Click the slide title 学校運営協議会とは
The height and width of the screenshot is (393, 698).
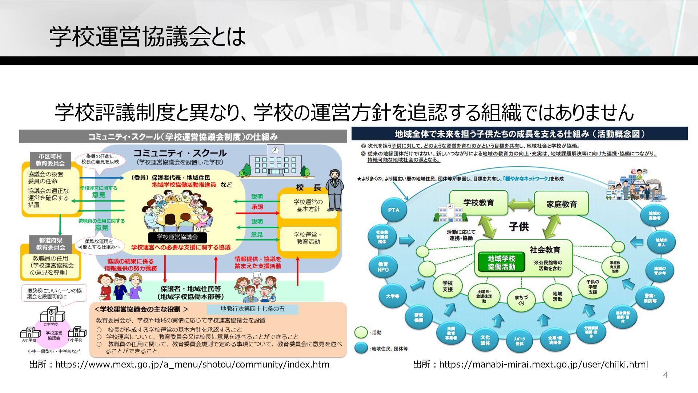coord(147,36)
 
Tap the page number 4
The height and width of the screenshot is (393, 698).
coord(666,375)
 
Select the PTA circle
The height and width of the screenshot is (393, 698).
coord(394,210)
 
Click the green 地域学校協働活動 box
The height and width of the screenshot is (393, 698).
coord(501,262)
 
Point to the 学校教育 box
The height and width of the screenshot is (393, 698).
coord(478,203)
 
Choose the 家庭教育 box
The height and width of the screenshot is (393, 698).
coord(561,204)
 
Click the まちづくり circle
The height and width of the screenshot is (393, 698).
coord(521,299)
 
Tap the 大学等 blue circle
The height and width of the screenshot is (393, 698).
coord(393,296)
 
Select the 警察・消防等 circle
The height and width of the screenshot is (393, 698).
coord(650,298)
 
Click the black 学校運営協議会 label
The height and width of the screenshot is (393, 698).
coord(177,237)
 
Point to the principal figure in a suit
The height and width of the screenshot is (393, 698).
coord(335,190)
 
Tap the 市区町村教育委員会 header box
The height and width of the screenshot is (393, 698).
coord(50,160)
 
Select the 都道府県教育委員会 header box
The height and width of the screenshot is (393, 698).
coord(51,244)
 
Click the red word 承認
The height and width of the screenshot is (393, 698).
coord(257,207)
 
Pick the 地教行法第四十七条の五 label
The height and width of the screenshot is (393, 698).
coord(253,309)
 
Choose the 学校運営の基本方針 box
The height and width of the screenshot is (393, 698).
coord(308,206)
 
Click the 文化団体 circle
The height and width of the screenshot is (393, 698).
coord(485,340)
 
